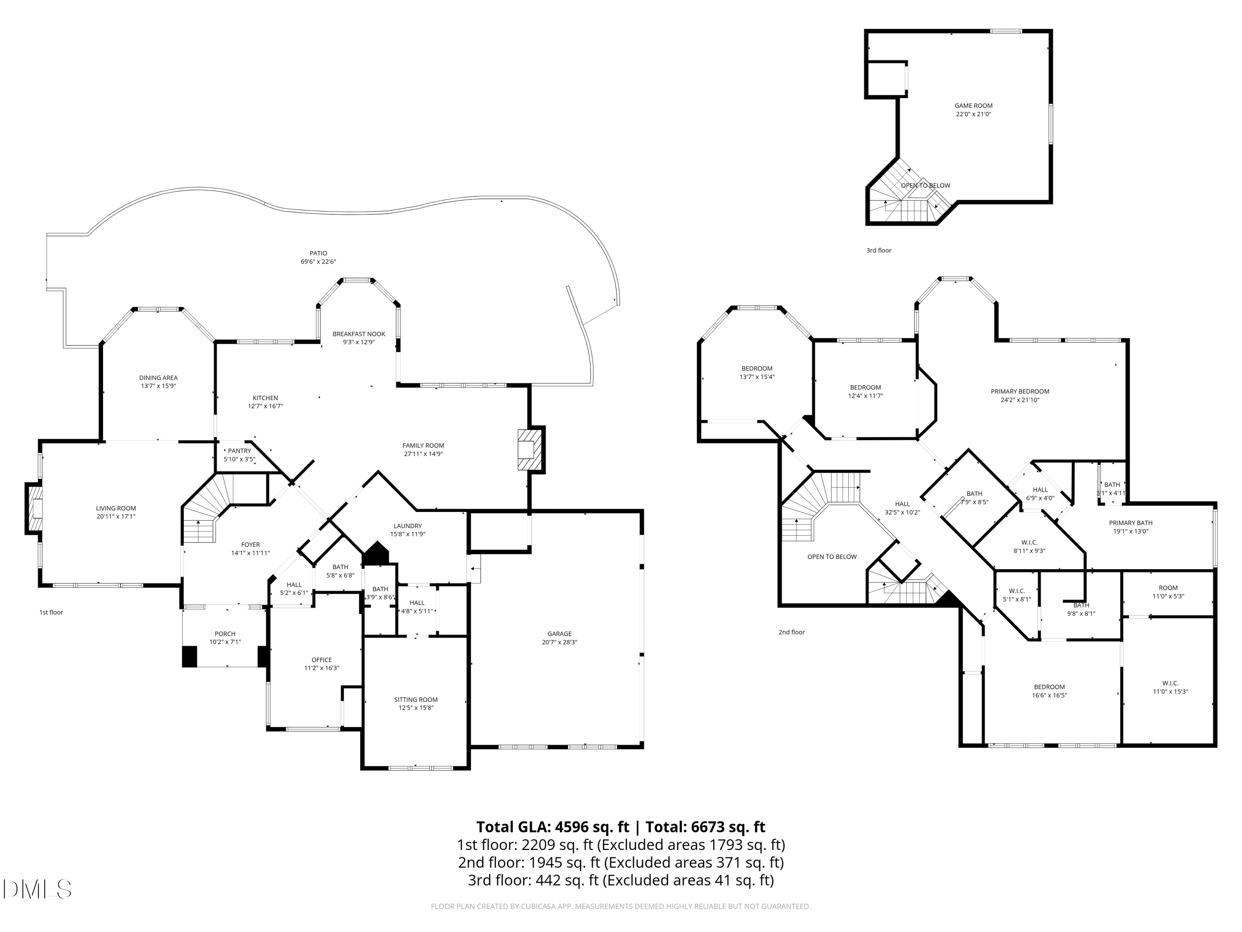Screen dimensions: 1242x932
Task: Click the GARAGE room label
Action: point(559,634)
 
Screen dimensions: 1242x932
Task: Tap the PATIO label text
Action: point(318,254)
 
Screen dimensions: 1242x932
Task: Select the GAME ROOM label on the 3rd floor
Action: point(974,106)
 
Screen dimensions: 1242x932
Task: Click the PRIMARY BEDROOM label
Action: point(1020,391)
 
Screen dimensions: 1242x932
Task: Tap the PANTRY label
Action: point(239,451)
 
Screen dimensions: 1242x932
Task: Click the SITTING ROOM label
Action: point(416,700)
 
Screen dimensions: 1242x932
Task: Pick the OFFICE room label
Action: point(322,660)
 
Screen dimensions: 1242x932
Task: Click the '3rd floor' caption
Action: point(879,251)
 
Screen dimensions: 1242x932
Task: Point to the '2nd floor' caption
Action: point(792,632)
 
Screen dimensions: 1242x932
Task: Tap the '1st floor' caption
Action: point(51,612)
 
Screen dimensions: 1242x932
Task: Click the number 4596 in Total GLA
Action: point(573,826)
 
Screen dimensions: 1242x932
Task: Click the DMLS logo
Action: point(37,889)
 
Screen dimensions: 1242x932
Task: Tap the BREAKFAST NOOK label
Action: point(359,334)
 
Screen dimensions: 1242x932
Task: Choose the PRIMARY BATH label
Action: point(1131,523)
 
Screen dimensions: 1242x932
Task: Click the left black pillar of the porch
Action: point(190,657)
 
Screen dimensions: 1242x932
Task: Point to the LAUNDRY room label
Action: point(408,526)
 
